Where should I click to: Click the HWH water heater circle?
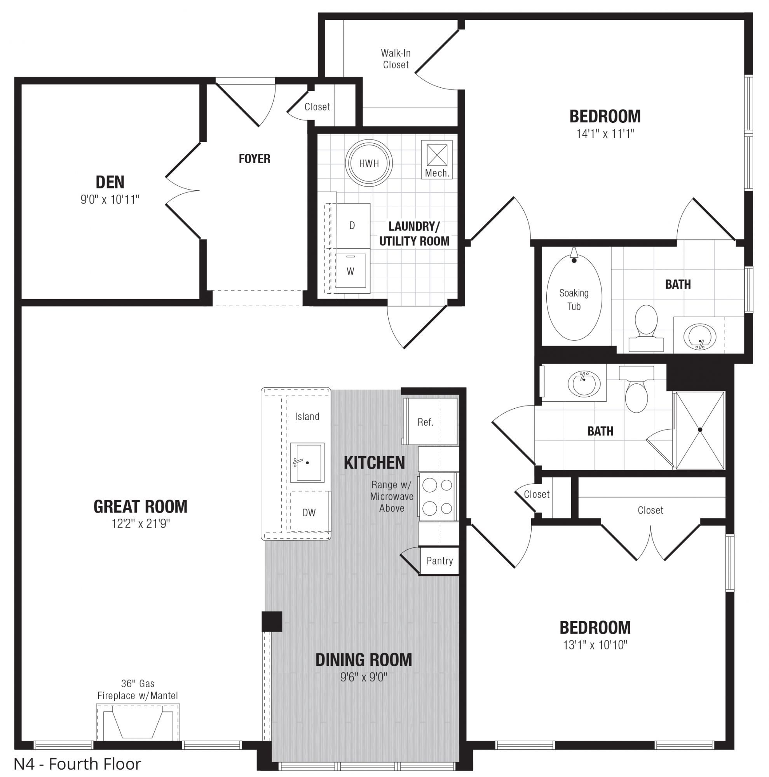[368, 163]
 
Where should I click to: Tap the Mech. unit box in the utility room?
[436, 159]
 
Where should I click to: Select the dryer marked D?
[353, 225]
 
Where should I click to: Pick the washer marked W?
[351, 271]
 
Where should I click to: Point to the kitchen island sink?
[307, 462]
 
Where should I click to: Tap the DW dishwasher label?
[309, 512]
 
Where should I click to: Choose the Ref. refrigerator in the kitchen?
[430, 421]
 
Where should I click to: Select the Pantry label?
[439, 561]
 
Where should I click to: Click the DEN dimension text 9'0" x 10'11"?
[110, 199]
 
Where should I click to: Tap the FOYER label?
[255, 159]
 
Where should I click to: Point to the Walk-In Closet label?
[396, 59]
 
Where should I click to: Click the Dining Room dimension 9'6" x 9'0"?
[364, 677]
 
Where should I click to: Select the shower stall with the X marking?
[700, 430]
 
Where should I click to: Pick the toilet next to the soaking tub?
[646, 328]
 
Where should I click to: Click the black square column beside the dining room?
[272, 621]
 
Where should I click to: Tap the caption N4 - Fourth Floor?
[78, 764]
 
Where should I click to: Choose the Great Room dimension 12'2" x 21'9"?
[141, 524]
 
